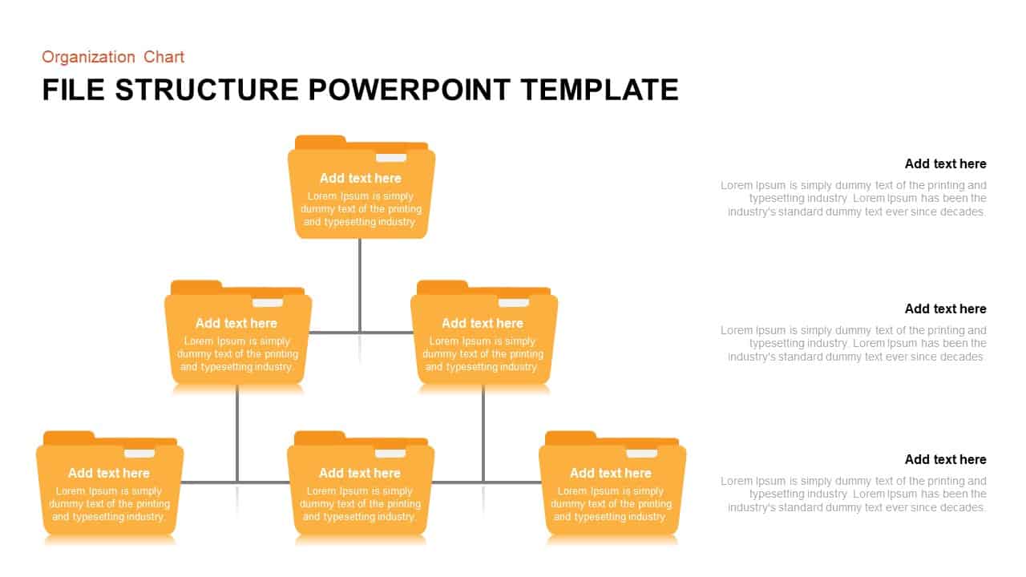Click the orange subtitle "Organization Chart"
[113, 57]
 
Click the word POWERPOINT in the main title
[409, 90]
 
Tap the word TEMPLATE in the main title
[599, 90]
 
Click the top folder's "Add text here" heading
[360, 178]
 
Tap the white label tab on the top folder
[391, 158]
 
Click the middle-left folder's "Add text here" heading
[236, 323]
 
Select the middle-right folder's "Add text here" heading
[482, 323]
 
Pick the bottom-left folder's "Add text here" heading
[109, 473]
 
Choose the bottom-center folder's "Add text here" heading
[359, 473]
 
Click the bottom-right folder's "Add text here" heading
[610, 473]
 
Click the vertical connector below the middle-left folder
[237, 433]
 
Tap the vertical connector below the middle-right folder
[483, 433]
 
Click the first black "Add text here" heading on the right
[945, 163]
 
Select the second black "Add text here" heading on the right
[945, 309]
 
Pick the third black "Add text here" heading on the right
[945, 459]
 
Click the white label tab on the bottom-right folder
[641, 454]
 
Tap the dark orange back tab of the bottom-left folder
[69, 438]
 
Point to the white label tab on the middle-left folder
[268, 303]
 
